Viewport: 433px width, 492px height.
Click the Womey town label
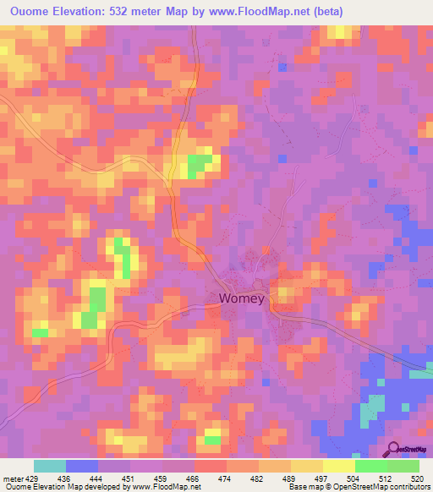[x=242, y=298]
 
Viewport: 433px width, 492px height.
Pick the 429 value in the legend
[x=35, y=478]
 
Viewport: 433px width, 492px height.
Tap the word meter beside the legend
[x=13, y=478]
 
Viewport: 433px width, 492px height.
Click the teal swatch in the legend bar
[x=50, y=466]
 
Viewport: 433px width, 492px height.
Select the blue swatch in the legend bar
[x=82, y=466]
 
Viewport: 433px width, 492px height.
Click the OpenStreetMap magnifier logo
[x=394, y=449]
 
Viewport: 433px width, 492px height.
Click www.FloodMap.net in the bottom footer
[x=160, y=488]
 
